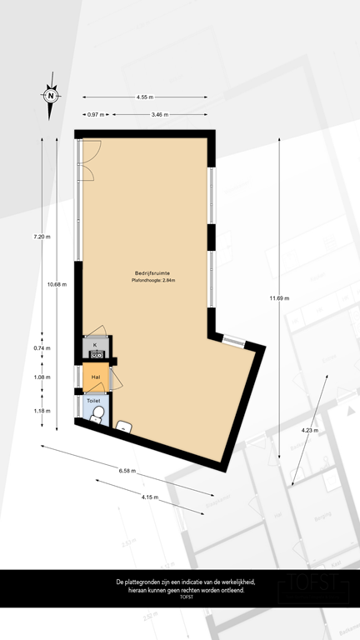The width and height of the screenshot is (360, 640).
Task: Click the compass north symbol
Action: point(52,94)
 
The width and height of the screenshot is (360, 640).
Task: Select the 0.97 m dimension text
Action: point(96,114)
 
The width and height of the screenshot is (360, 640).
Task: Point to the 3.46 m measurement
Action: point(159,114)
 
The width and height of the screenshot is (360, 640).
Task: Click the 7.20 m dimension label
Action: point(42,237)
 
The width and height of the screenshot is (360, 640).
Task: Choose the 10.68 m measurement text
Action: point(57,284)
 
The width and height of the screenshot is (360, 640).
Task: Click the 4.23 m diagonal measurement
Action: point(309,431)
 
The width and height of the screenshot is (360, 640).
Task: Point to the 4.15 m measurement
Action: point(150,497)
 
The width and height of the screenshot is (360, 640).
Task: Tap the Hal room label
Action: point(96,377)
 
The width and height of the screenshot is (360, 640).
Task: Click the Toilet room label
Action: point(92,401)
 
